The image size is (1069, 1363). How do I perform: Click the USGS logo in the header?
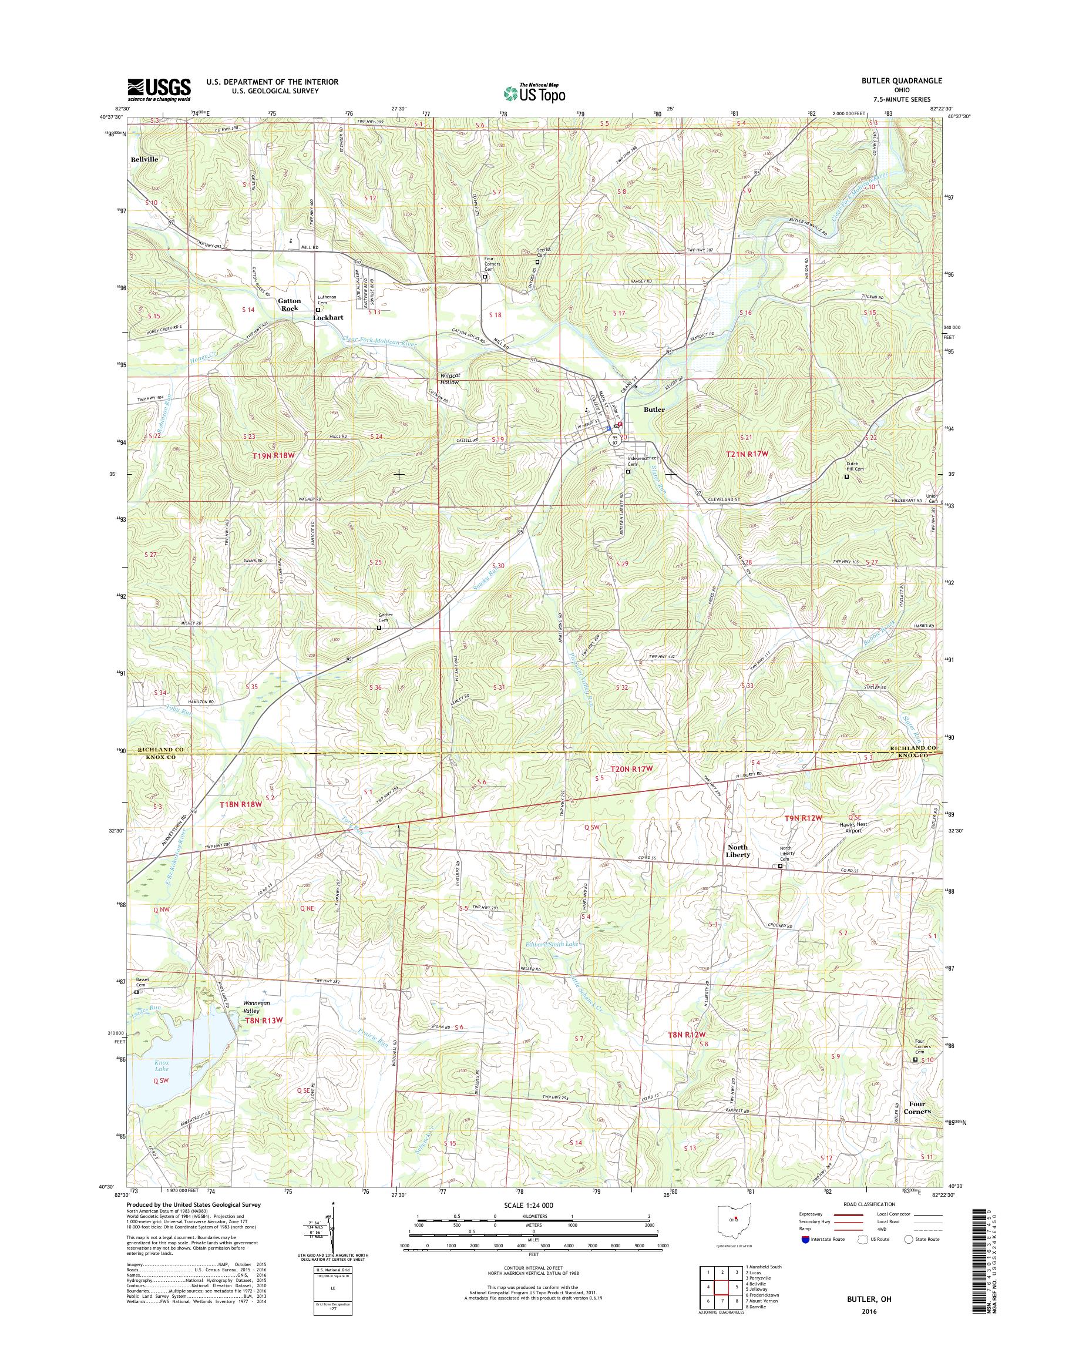point(159,89)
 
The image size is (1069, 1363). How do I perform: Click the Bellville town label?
point(144,160)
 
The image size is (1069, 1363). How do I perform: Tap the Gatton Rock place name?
point(289,304)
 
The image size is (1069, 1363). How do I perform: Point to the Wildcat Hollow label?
point(449,379)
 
